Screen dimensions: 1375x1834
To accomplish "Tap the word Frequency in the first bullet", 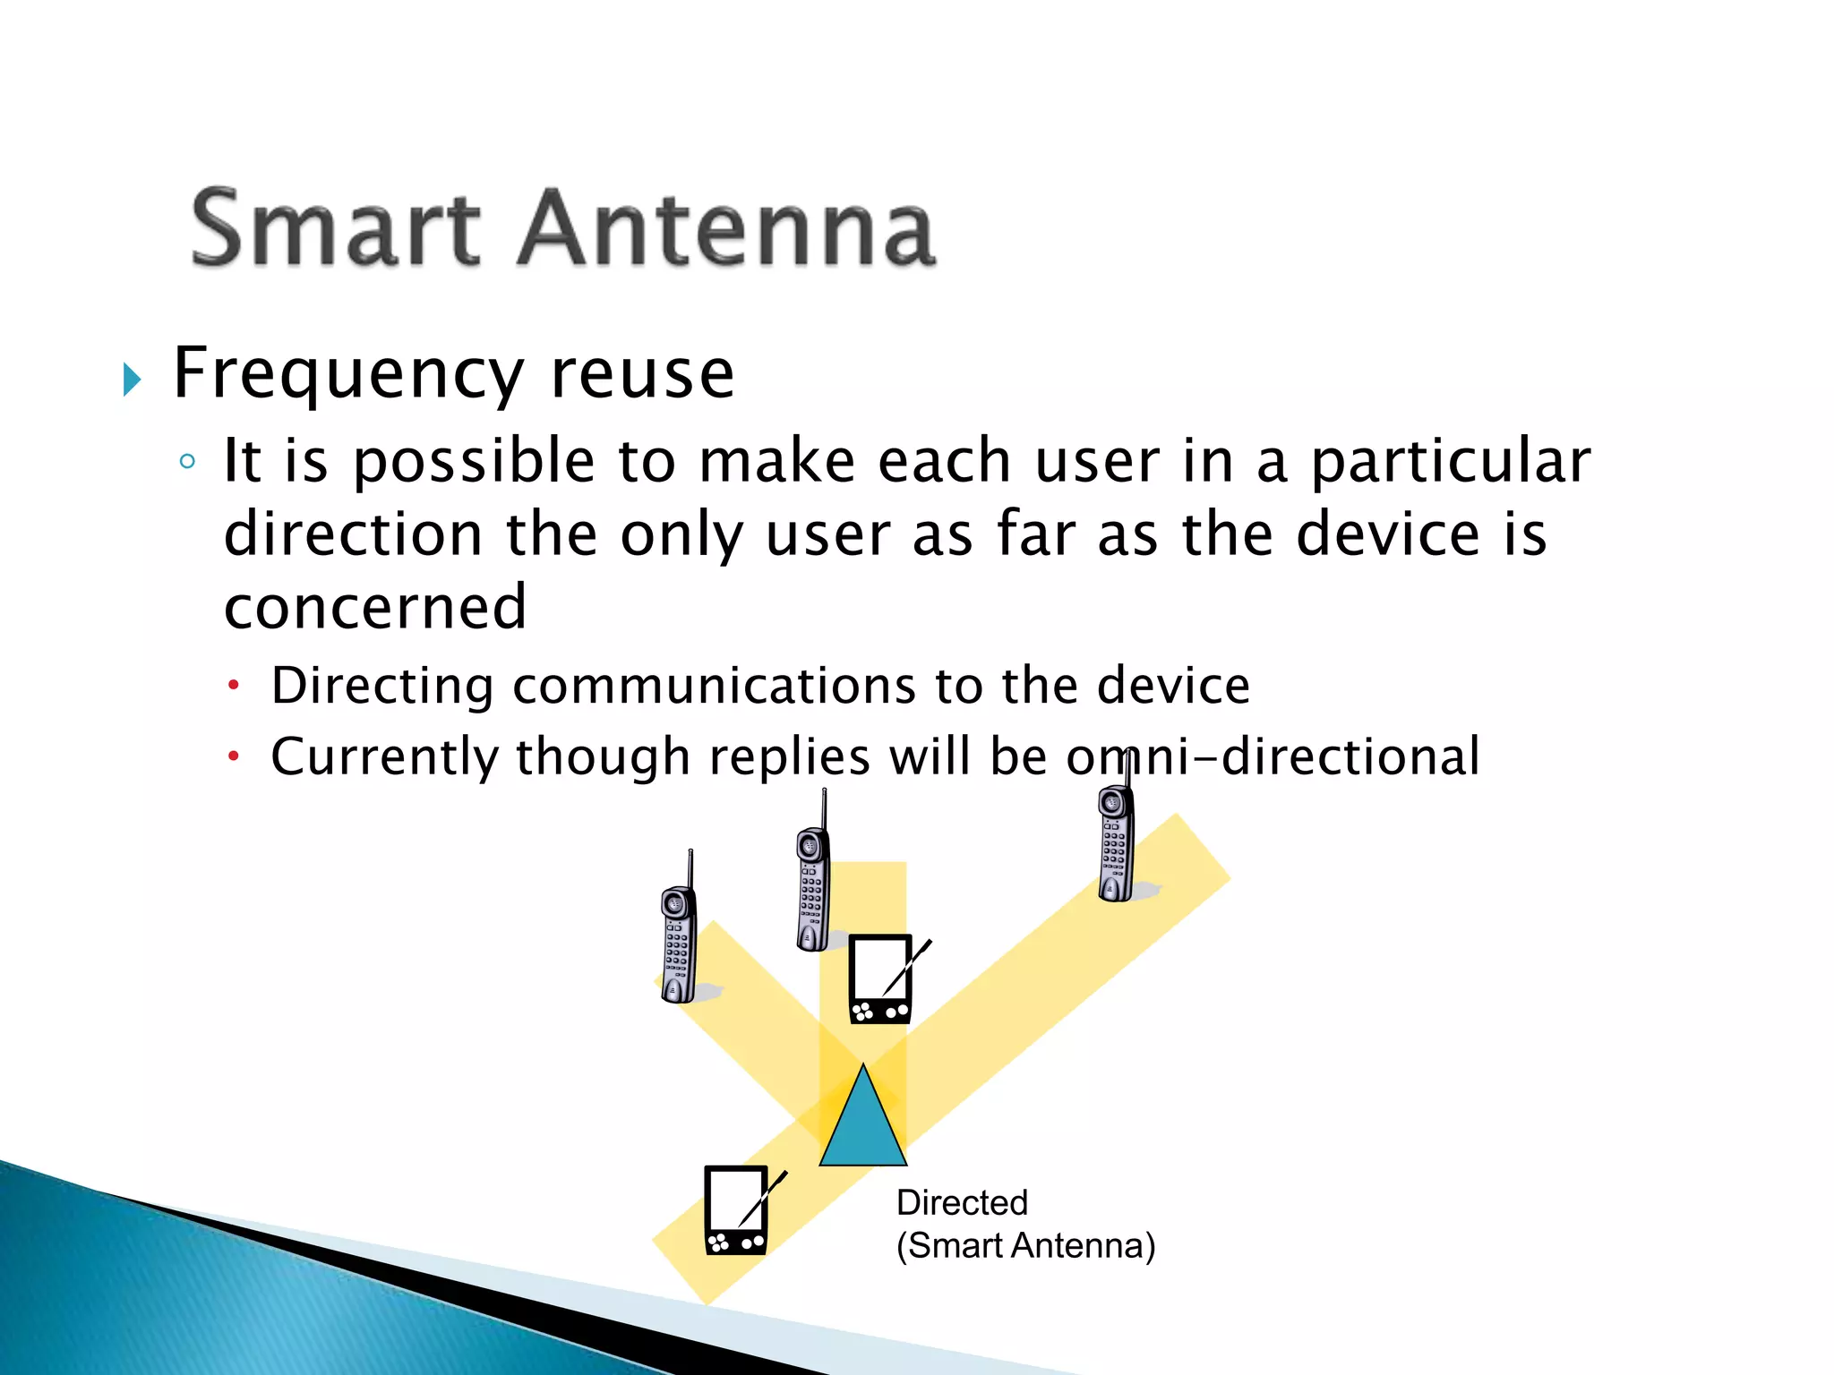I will (347, 374).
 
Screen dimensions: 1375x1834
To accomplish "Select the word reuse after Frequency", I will (642, 374).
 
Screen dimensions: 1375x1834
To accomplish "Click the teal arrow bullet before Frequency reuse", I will (132, 380).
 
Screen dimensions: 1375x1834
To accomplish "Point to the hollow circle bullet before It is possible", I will (187, 462).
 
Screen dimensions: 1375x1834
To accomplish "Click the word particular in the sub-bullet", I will (1450, 462).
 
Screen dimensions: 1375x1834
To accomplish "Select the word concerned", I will (375, 607).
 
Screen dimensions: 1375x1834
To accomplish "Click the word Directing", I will (382, 686).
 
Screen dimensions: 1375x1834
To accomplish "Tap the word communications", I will (714, 686).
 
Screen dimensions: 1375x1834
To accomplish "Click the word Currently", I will (384, 757).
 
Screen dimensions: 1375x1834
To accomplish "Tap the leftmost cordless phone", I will (679, 940).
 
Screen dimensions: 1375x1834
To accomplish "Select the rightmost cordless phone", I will (1116, 841).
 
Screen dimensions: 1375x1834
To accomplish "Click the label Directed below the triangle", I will (962, 1203).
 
